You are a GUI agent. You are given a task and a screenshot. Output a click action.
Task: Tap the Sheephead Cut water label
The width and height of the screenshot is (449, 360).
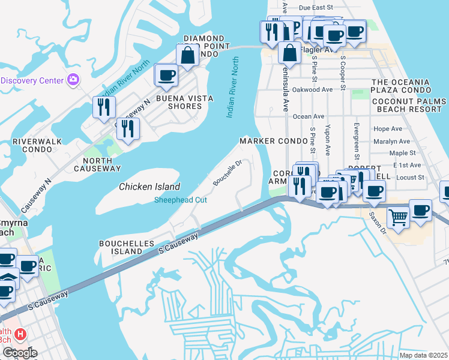coord(181,200)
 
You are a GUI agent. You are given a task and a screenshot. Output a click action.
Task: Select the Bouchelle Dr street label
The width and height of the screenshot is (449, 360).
coord(228,172)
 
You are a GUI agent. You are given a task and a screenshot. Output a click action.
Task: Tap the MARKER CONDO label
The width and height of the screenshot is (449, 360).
coord(265,140)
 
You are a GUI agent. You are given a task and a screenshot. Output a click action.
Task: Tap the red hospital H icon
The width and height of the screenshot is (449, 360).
coord(20,334)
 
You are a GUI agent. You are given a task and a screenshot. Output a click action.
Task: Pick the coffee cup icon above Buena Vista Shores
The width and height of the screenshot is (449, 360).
coord(166,75)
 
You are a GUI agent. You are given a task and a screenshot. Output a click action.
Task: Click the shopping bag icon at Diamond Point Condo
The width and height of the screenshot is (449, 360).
coord(188,56)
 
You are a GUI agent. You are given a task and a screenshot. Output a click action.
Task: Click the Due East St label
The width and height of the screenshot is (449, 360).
coord(315,7)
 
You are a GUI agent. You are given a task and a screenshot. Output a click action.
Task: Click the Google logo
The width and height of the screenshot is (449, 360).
coord(20,353)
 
